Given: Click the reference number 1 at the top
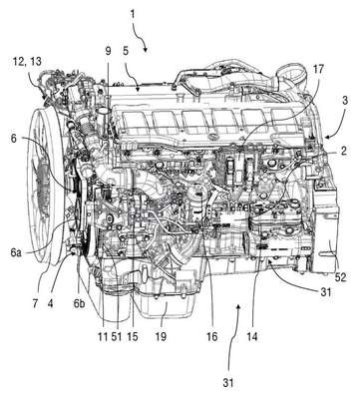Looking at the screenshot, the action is click(x=133, y=15).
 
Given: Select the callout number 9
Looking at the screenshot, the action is click(x=108, y=51).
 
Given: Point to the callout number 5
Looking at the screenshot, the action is click(x=126, y=51).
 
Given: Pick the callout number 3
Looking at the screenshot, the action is click(x=345, y=101).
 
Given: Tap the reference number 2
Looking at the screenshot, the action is click(x=343, y=151).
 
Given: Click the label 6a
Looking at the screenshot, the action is click(x=16, y=253).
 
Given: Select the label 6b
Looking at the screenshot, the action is click(x=79, y=303).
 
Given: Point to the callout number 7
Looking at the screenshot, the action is click(x=36, y=303).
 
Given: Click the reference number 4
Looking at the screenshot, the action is click(x=50, y=303).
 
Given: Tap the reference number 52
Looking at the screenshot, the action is click(x=340, y=277).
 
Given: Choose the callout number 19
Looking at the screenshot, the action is click(x=161, y=336).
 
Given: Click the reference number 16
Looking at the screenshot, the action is click(x=211, y=336).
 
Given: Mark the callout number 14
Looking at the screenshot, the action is click(x=252, y=336).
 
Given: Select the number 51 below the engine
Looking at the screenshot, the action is click(x=117, y=336).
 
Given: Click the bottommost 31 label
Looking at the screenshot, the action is click(x=227, y=383).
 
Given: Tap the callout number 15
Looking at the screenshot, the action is click(x=133, y=336).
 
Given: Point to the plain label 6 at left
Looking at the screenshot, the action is click(x=14, y=138).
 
